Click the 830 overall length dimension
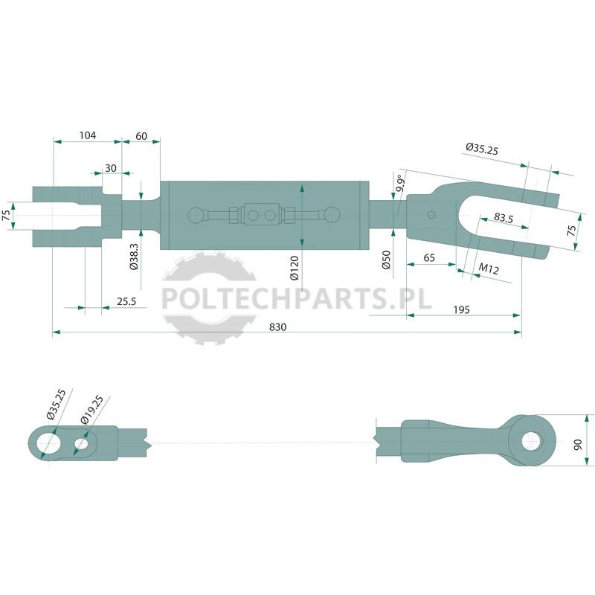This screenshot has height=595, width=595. [277, 327]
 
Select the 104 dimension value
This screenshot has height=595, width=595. [88, 135]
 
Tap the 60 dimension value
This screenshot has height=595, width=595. [141, 136]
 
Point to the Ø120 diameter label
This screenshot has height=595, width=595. [295, 268]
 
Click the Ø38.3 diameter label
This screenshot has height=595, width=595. [134, 257]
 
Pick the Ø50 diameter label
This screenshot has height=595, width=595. [386, 260]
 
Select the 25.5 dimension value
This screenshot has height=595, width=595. [126, 301]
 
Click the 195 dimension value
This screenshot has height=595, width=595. [461, 309]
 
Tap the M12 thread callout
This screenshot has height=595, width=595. [489, 268]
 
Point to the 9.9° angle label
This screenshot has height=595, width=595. [400, 184]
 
